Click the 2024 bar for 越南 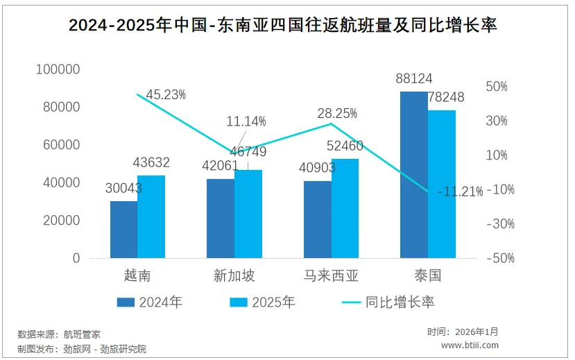click(x=123, y=230)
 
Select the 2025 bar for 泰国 click(x=442, y=184)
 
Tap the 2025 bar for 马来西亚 click(x=345, y=208)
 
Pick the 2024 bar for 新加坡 click(x=221, y=218)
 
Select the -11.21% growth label click(x=460, y=192)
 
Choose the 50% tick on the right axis click(x=497, y=87)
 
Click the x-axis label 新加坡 click(x=234, y=276)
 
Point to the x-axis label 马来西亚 click(x=332, y=276)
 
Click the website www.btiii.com click(x=470, y=345)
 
